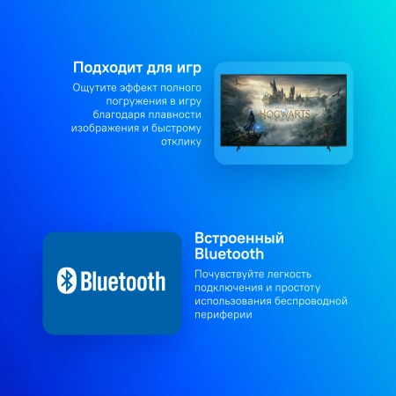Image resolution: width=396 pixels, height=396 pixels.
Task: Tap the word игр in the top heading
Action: point(188,69)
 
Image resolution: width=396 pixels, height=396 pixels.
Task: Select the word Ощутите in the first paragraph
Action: point(93,88)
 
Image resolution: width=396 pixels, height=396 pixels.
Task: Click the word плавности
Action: point(175,114)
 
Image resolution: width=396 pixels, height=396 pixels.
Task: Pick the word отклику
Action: point(181,141)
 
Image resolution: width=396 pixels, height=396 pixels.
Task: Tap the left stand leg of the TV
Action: point(233,151)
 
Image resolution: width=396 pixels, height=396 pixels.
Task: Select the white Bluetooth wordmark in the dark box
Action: point(123,281)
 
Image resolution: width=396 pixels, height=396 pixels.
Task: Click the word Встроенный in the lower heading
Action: point(238,238)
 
